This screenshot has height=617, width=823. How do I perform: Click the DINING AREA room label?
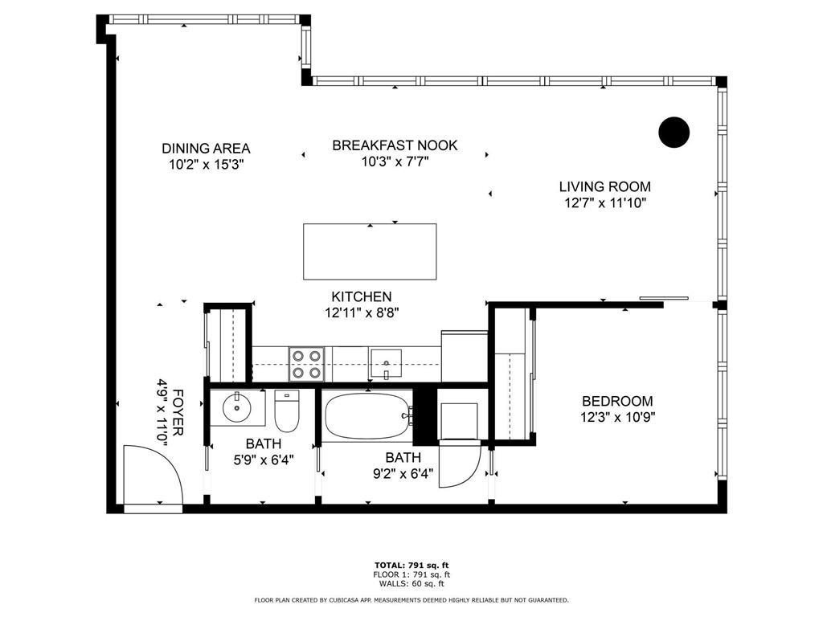pos(206,149)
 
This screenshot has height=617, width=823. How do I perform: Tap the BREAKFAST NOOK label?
pos(395,145)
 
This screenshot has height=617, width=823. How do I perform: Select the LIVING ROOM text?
pos(604,186)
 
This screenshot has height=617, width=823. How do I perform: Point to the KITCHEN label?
pos(362,297)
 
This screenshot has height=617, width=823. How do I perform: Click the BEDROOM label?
pos(618,402)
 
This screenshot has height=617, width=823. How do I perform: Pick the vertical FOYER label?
pos(178,412)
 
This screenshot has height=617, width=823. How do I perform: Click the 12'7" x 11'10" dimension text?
pos(604,203)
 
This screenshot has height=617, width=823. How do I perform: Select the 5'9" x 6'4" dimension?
pos(264,460)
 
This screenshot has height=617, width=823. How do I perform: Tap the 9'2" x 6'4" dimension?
pos(403,474)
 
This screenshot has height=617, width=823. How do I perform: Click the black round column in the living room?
pos(674,133)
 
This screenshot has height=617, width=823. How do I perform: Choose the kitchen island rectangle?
pos(370,251)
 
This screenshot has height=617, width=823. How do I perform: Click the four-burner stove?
pos(306,365)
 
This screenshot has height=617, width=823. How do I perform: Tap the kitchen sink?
pos(387,364)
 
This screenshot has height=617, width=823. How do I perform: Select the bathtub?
pos(366,416)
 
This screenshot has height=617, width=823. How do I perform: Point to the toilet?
pos(287,411)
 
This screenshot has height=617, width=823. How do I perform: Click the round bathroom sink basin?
pos(237,407)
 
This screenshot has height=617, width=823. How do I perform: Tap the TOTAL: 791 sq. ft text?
pos(411,566)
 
